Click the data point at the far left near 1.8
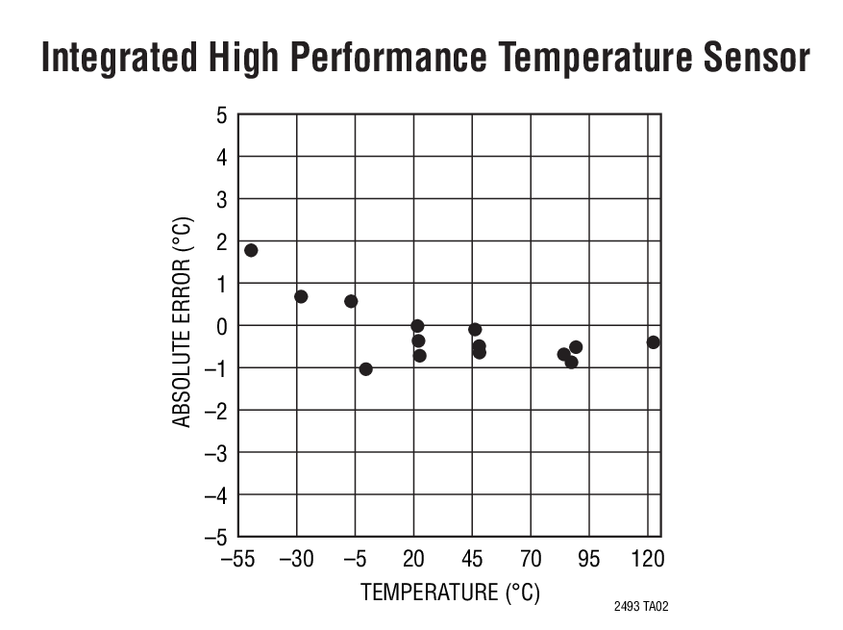[x=251, y=250]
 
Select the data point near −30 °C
[x=301, y=296]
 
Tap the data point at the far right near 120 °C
[x=654, y=342]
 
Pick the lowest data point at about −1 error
[x=365, y=369]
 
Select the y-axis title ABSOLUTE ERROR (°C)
[x=183, y=323]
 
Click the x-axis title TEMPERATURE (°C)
[x=450, y=592]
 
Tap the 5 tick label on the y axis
[x=221, y=115]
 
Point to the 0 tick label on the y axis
[x=221, y=326]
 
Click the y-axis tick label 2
[x=221, y=241]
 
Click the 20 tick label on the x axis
[x=413, y=560]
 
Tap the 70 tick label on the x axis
[x=531, y=560]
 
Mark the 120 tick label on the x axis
[x=648, y=560]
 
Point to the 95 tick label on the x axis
[x=589, y=560]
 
